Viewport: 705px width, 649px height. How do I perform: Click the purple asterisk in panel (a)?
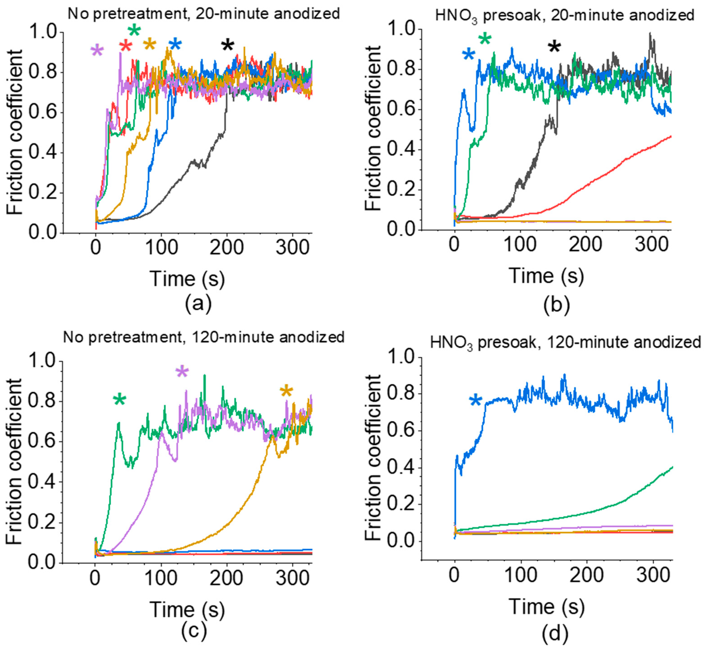point(97,51)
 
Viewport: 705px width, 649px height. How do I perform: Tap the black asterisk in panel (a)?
point(228,45)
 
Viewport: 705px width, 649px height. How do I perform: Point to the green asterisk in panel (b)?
point(485,39)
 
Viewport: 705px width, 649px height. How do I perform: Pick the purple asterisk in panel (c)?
point(182,372)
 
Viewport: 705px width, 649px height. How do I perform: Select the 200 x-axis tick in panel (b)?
point(586,245)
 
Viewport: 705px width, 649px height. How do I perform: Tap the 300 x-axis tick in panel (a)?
point(292,247)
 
